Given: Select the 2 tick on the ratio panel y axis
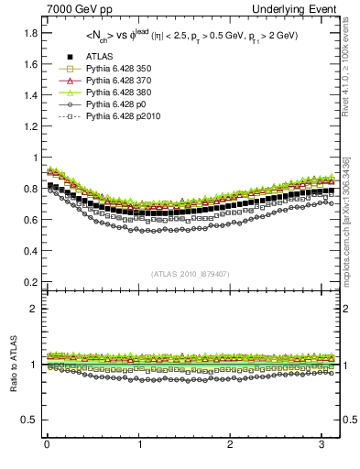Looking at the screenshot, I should (30, 309).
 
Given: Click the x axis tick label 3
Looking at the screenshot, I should (322, 446).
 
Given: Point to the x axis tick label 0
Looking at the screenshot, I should (47, 446).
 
